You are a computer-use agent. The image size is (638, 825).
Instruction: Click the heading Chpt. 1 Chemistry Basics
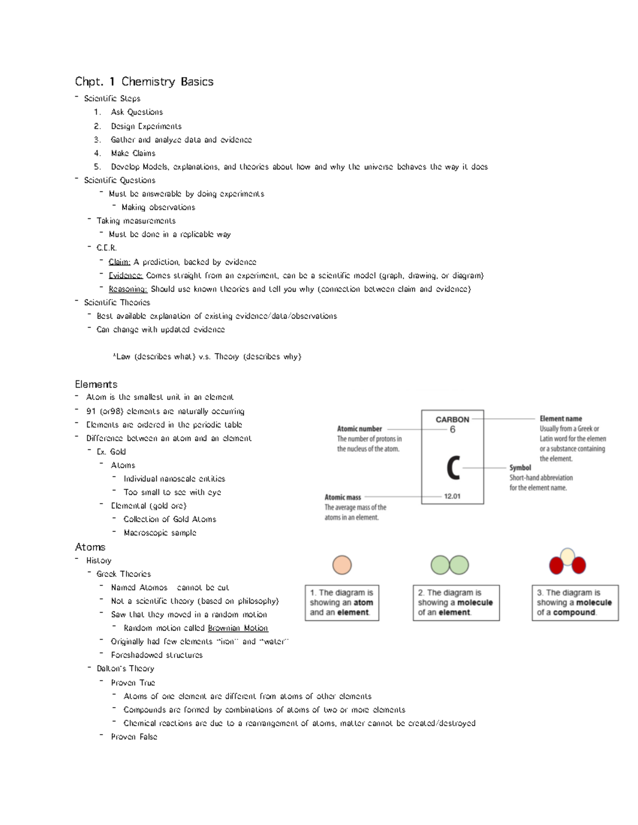144,81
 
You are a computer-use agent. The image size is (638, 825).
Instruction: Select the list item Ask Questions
137,112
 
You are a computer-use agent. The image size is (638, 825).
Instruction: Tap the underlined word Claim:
119,262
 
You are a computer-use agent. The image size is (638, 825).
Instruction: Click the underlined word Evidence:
125,276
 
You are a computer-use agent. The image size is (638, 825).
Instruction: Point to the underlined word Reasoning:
128,289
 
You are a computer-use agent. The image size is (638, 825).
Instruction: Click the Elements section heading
96,384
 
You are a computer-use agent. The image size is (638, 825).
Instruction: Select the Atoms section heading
90,547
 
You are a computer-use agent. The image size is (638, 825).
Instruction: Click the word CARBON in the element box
452,419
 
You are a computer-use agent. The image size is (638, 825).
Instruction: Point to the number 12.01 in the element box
452,496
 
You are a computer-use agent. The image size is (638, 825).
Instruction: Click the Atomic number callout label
359,429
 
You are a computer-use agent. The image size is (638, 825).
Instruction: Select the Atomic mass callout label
343,497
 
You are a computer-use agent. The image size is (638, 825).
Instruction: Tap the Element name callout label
560,419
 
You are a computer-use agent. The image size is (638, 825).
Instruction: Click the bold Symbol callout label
520,467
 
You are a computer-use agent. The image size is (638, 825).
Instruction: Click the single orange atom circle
342,565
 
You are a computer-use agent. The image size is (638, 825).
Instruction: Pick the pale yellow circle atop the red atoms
567,556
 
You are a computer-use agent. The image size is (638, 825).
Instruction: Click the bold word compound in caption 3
574,612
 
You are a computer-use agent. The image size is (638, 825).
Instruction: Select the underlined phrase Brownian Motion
238,628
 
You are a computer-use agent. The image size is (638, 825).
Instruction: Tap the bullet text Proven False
134,737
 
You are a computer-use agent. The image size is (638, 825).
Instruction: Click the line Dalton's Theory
125,668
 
